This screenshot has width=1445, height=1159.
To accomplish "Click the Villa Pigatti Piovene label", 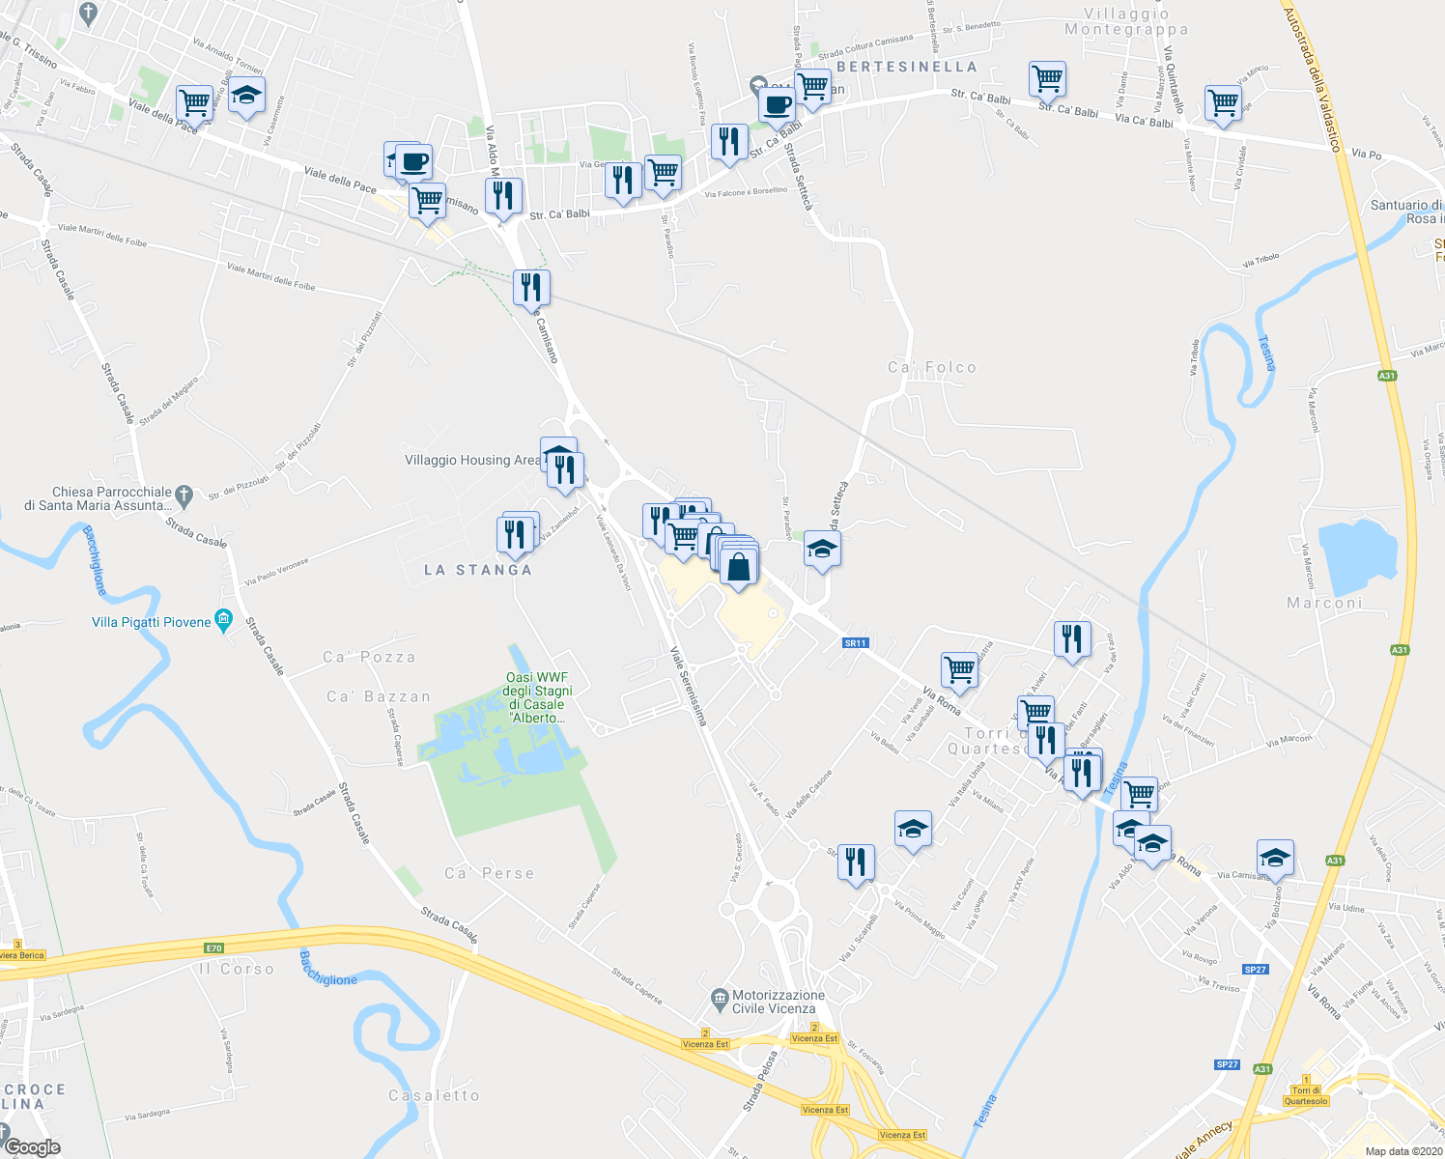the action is [x=152, y=622].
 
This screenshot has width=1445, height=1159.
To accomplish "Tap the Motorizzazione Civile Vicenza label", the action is [x=779, y=1002].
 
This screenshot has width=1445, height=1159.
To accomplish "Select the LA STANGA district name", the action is [x=478, y=570].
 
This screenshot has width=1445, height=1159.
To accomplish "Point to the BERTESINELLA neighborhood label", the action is [x=907, y=67].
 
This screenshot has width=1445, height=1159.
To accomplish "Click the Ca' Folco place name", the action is [x=932, y=367].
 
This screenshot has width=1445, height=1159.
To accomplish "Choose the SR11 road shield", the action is [x=856, y=642].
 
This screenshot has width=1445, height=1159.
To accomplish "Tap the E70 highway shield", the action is [x=213, y=947].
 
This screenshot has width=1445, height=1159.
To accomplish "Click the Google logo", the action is [x=32, y=1147].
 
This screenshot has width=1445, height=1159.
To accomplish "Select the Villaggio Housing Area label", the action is [x=472, y=460].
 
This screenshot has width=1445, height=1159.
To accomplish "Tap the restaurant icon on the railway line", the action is [x=531, y=287].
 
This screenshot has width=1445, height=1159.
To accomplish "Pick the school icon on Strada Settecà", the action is [x=822, y=550].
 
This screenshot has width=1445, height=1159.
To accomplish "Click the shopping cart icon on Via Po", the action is [x=1223, y=102].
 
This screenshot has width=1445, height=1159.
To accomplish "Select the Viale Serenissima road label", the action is [x=690, y=687].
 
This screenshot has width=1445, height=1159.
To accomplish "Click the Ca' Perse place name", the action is [x=489, y=873].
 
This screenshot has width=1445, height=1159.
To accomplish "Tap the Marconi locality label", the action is [x=1324, y=603].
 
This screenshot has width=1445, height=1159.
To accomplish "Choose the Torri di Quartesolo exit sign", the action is [x=1306, y=1095].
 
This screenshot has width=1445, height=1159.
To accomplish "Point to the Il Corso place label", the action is [x=237, y=969].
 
